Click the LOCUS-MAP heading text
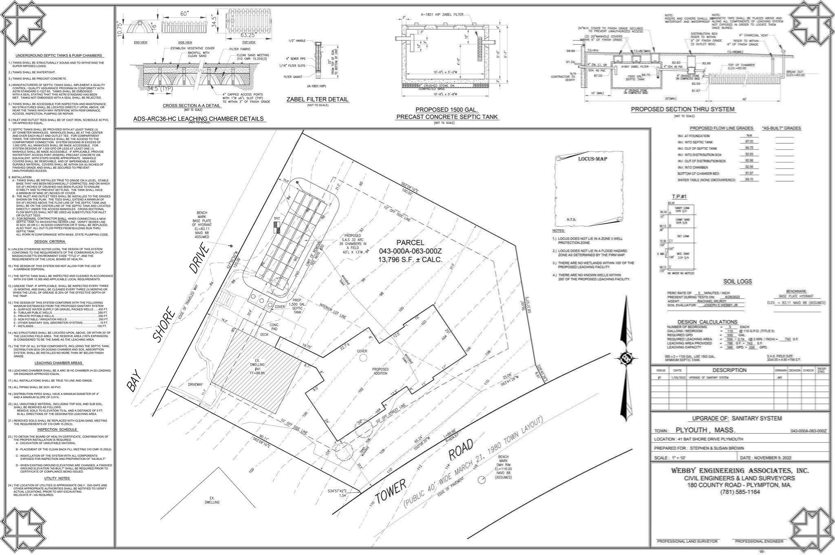(x=592, y=159)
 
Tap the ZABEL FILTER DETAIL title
(x=318, y=99)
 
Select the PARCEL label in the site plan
(x=410, y=242)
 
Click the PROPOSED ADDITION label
(x=380, y=371)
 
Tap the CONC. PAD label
(x=274, y=327)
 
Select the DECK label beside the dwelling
(x=265, y=334)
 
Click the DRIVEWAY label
(x=195, y=384)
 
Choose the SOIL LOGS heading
(x=738, y=282)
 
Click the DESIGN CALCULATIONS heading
(x=707, y=322)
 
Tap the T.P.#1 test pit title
(x=679, y=197)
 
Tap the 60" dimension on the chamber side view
(x=185, y=14)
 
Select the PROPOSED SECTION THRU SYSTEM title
(x=683, y=109)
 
